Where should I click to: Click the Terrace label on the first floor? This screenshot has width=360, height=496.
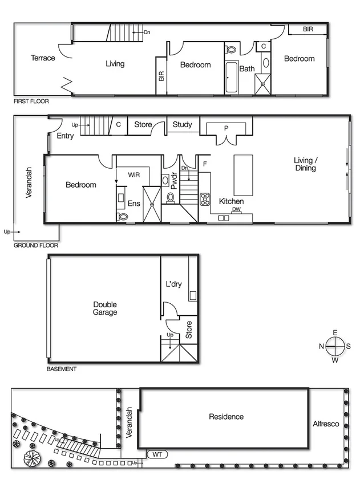43,58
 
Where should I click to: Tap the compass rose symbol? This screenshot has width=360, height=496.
336,346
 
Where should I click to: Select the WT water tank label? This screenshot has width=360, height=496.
157,454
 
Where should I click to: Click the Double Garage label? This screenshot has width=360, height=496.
105,308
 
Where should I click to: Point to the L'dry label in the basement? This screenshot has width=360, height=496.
173,284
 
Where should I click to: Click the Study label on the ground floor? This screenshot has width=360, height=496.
183,124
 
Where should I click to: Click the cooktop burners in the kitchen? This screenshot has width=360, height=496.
205,200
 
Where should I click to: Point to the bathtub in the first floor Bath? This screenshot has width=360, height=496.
232,78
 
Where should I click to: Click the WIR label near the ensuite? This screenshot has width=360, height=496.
134,174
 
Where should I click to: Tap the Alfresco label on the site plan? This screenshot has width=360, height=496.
326,424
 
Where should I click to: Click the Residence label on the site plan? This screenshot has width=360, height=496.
226,417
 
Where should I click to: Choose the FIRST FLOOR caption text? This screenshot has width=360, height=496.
31,101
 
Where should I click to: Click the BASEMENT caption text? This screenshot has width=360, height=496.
61,369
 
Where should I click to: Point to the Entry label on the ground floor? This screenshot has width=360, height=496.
65,136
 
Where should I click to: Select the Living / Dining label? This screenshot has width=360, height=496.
305,164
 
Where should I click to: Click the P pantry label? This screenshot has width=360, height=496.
226,129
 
